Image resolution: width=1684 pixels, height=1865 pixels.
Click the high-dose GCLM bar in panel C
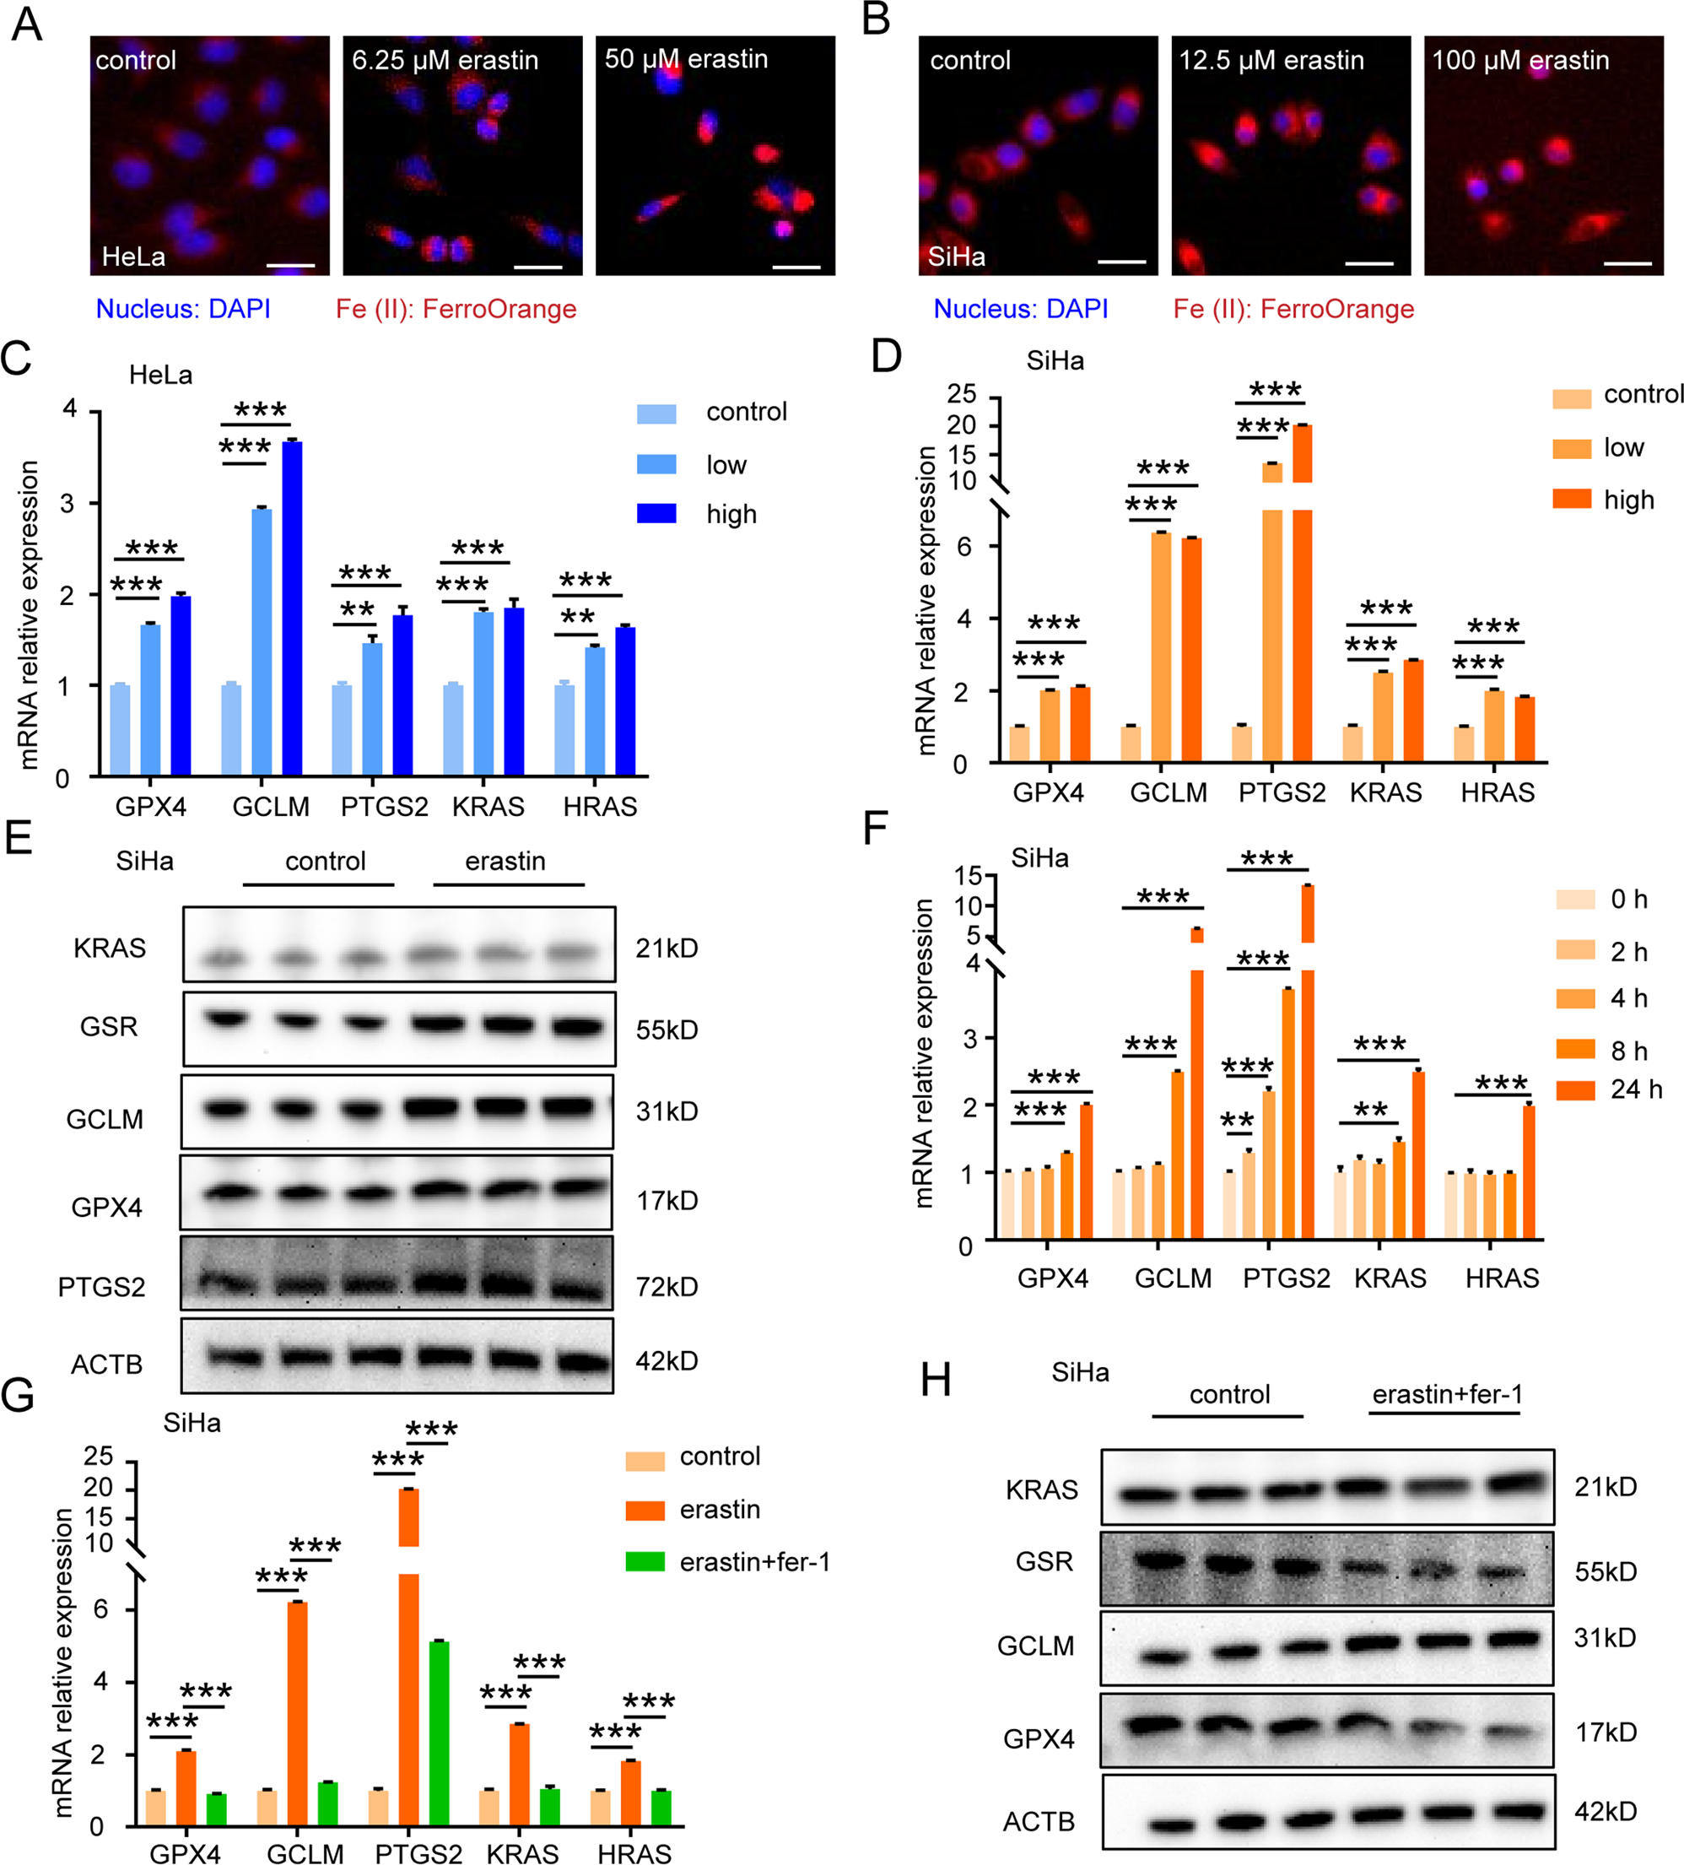(292, 608)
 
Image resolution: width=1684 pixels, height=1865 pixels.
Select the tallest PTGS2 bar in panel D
(1302, 592)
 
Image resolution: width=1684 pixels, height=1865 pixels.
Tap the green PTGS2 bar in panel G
(439, 1732)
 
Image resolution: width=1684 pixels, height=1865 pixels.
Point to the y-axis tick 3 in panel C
(67, 504)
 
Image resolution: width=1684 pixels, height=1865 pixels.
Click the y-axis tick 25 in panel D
(961, 394)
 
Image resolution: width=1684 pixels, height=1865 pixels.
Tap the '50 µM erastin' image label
(686, 59)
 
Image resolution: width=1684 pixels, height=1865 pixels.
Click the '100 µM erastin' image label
(1520, 60)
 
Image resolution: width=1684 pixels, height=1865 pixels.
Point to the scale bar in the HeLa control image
(290, 266)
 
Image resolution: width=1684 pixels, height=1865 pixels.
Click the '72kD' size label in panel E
(667, 1286)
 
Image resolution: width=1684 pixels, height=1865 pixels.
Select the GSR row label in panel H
(1044, 1561)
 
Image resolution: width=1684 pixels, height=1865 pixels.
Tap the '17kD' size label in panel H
(1606, 1732)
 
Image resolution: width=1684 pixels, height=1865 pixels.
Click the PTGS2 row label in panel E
(102, 1287)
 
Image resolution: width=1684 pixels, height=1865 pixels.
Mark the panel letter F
(874, 828)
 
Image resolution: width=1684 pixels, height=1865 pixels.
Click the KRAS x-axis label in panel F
(1390, 1278)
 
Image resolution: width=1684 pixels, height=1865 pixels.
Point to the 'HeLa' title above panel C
(161, 375)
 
